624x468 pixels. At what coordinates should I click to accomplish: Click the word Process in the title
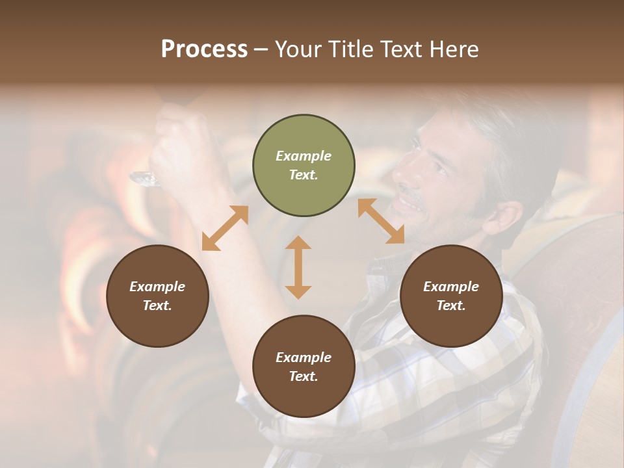(204, 49)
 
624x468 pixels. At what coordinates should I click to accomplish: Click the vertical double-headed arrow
(298, 267)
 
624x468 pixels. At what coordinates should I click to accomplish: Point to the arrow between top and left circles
(225, 228)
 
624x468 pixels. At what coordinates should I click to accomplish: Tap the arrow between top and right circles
(381, 222)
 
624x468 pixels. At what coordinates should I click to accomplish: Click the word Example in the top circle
(304, 156)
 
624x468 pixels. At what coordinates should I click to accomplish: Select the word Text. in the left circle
(157, 305)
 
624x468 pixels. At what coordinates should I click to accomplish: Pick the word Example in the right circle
(451, 287)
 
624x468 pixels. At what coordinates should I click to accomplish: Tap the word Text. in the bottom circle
(304, 376)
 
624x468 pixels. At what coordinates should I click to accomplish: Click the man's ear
(504, 218)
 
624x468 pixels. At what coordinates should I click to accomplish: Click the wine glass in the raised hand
(146, 177)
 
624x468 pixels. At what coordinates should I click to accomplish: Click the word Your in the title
(300, 49)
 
